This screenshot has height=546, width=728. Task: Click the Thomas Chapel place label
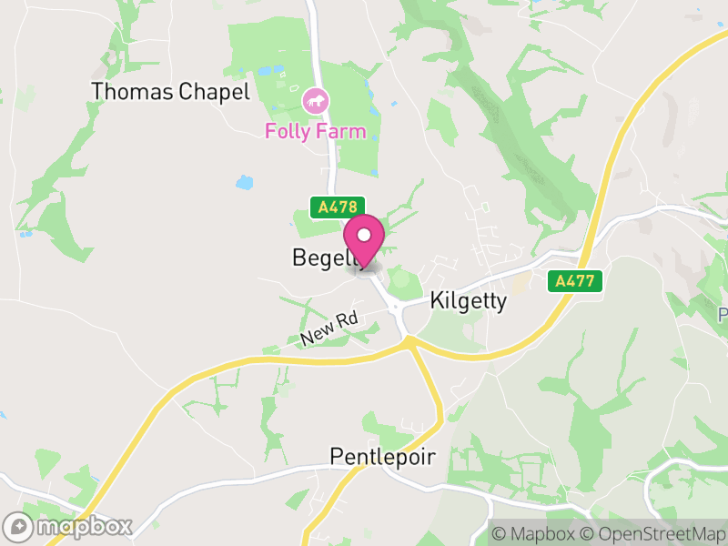(x=170, y=92)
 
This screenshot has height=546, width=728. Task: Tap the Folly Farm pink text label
(x=315, y=131)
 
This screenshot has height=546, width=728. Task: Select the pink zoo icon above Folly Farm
(x=315, y=100)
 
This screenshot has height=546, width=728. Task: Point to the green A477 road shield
(x=576, y=281)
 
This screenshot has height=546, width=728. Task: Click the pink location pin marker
(x=365, y=241)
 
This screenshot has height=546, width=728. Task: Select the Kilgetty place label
(x=468, y=301)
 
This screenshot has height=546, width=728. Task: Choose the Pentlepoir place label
(x=382, y=456)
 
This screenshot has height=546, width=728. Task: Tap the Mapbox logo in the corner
(x=69, y=526)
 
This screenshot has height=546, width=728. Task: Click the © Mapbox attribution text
(x=531, y=533)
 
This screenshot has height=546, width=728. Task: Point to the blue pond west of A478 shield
(x=244, y=182)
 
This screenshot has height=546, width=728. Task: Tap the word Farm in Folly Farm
(x=341, y=131)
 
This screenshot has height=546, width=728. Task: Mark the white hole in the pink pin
(x=365, y=236)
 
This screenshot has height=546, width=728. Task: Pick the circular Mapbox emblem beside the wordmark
(x=18, y=526)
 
